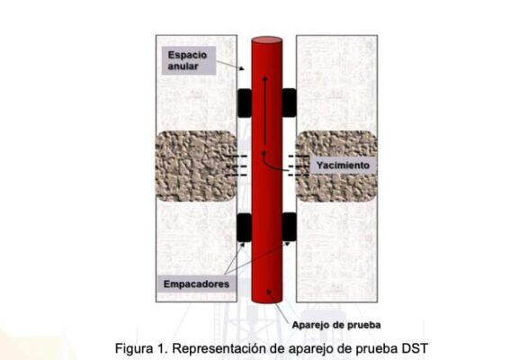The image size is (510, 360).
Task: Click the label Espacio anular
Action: coord(187,60)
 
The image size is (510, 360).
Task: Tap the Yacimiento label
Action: coord(343,166)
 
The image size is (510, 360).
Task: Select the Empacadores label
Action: coord(196,283)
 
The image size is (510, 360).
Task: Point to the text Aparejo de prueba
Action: coord(336,325)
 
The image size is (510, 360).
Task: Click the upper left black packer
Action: coord(245,103)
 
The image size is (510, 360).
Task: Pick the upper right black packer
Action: coord(289,103)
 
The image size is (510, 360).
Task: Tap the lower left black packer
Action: coord(245,227)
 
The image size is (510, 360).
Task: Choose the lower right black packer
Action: coord(289,227)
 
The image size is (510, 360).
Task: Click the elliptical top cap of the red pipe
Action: coord(267,40)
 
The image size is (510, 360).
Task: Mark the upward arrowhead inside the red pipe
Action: coord(265,78)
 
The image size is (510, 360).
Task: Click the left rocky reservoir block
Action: coord(196,166)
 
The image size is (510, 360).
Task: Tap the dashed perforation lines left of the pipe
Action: coord(237,166)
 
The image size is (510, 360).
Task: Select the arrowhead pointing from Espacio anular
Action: coord(241,68)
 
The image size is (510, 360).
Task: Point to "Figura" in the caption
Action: coord(134,348)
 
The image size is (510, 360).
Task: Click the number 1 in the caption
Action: coord(161,348)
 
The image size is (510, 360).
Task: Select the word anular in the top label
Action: coord(183,67)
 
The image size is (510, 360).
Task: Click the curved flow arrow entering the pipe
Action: coord(273,162)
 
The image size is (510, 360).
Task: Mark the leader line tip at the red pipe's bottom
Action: coord(268,292)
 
